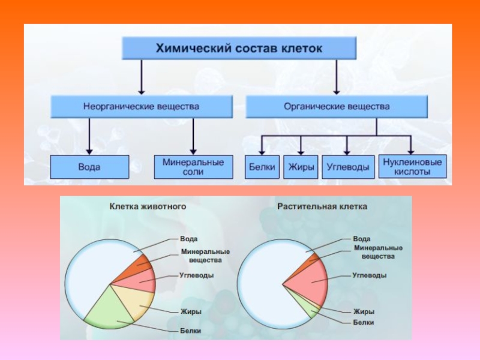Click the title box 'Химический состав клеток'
pyautogui.click(x=239, y=48)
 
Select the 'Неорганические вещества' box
pyautogui.click(x=142, y=107)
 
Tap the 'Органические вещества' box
pyautogui.click(x=337, y=107)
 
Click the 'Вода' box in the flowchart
pyautogui.click(x=89, y=167)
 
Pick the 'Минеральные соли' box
pyautogui.click(x=193, y=167)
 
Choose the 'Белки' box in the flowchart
pyautogui.click(x=262, y=167)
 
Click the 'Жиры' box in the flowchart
pyautogui.click(x=301, y=167)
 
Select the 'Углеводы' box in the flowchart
pyautogui.click(x=348, y=167)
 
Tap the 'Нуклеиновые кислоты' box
pyautogui.click(x=412, y=167)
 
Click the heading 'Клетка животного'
pyautogui.click(x=148, y=206)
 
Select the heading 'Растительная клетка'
pyautogui.click(x=322, y=206)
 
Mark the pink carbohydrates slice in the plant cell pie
pyautogui.click(x=309, y=281)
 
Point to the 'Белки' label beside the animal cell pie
pyautogui.click(x=190, y=331)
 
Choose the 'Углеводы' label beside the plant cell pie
pyautogui.click(x=369, y=275)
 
